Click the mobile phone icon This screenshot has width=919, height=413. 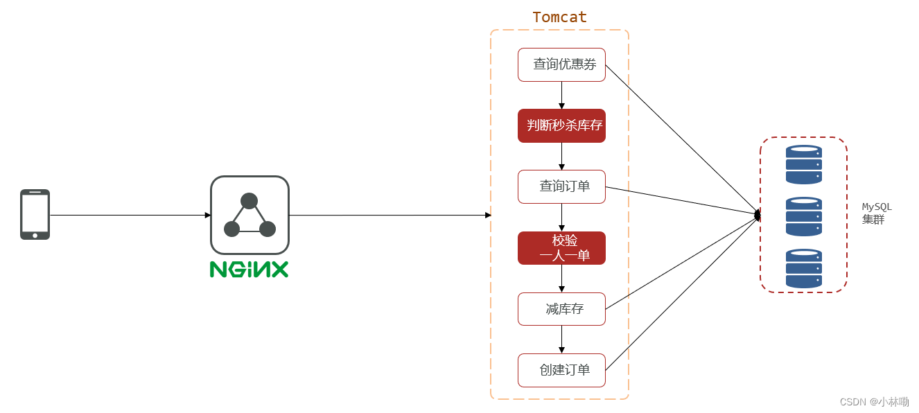pyautogui.click(x=35, y=215)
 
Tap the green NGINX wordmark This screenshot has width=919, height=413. pyautogui.click(x=249, y=270)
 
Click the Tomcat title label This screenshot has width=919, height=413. pyautogui.click(x=559, y=17)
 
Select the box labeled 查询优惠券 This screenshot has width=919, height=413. pyautogui.click(x=561, y=64)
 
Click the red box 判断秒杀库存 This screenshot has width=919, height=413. pyautogui.click(x=561, y=125)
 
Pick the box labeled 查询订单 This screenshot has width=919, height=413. pyautogui.click(x=561, y=186)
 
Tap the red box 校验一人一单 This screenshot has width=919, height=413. pyautogui.click(x=561, y=248)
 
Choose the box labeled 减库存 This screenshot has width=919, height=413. pyautogui.click(x=561, y=309)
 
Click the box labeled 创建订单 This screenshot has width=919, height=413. pyautogui.click(x=561, y=370)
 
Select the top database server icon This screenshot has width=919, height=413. pyautogui.click(x=803, y=164)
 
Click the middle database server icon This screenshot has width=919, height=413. pyautogui.click(x=803, y=216)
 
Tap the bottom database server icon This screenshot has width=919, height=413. pyautogui.click(x=803, y=268)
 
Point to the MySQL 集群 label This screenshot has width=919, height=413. pyautogui.click(x=877, y=213)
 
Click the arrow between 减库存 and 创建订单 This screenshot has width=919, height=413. pyautogui.click(x=561, y=340)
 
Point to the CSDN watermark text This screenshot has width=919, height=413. pyautogui.click(x=874, y=402)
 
